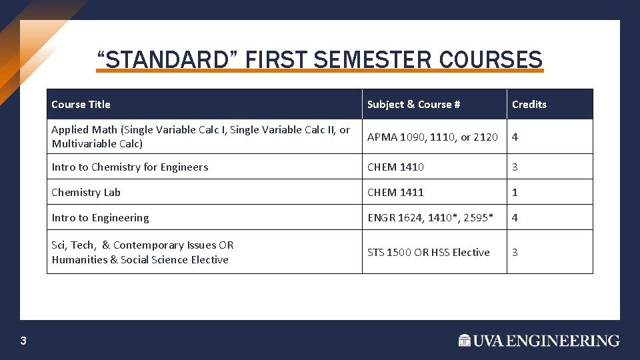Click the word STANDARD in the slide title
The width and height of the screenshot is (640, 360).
tap(167, 60)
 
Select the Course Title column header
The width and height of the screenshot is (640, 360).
tap(81, 104)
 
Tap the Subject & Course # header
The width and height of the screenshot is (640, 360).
tap(413, 104)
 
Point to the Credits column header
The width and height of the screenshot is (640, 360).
tap(529, 104)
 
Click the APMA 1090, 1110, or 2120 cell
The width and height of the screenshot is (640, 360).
tap(432, 137)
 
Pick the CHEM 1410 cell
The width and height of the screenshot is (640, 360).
tap(395, 167)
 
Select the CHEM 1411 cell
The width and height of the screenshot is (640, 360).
tap(395, 192)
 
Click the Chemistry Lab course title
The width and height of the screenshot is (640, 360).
tap(86, 192)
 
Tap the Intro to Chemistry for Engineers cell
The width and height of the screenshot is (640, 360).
tap(129, 167)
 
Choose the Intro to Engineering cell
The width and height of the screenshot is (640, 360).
tap(100, 217)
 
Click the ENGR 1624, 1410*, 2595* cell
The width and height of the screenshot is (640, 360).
tap(430, 217)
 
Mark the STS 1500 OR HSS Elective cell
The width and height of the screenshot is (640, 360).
tap(428, 252)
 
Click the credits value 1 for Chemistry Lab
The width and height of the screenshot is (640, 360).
tap(515, 192)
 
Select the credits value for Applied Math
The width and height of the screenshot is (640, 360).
tap(515, 137)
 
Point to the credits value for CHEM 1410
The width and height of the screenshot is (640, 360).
tap(515, 167)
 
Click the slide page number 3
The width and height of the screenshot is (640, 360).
tap(23, 341)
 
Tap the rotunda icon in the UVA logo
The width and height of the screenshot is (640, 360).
tap(465, 341)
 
